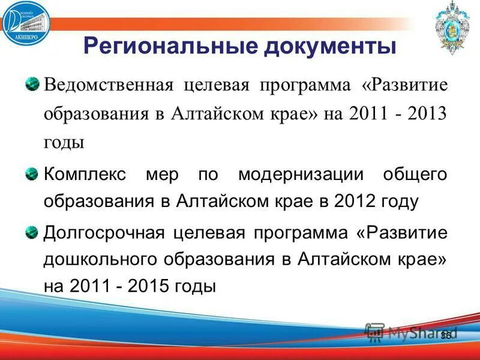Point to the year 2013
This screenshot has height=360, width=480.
pos(428,114)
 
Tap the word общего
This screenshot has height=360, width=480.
pos(415,175)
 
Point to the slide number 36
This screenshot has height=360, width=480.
pos(445,335)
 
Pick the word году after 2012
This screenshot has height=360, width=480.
pos(399,201)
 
